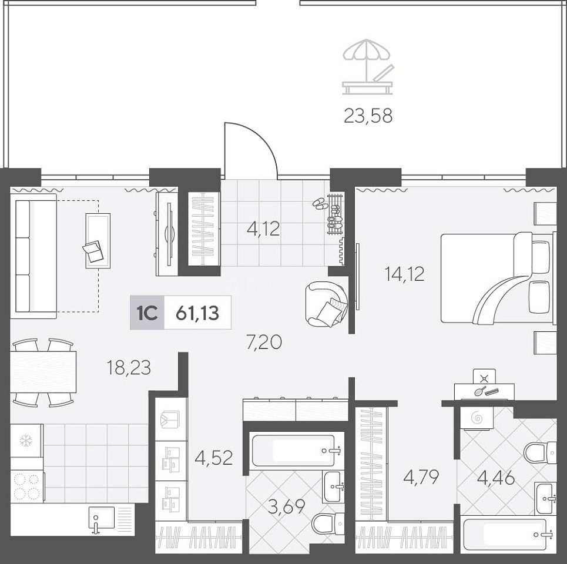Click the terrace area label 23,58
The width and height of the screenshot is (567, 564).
[368, 116]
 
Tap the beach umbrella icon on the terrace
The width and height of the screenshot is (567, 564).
[367, 67]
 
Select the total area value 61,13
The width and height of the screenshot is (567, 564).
[197, 313]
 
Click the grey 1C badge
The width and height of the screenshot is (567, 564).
[147, 313]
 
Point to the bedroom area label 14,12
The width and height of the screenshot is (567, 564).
[404, 274]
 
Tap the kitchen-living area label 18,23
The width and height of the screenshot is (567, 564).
[129, 368]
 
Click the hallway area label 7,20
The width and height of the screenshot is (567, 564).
[264, 343]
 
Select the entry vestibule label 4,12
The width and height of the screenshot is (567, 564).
[263, 229]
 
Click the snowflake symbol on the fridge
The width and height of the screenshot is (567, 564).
[26, 441]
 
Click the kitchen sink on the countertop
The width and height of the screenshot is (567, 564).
[101, 519]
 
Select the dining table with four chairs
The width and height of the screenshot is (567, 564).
[43, 372]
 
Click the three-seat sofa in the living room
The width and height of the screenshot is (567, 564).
[33, 256]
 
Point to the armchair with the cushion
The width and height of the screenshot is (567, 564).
[327, 304]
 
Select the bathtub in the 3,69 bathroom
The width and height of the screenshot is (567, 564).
[294, 451]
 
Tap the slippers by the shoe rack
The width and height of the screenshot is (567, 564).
[320, 204]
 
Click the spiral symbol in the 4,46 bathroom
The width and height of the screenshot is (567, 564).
[477, 418]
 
